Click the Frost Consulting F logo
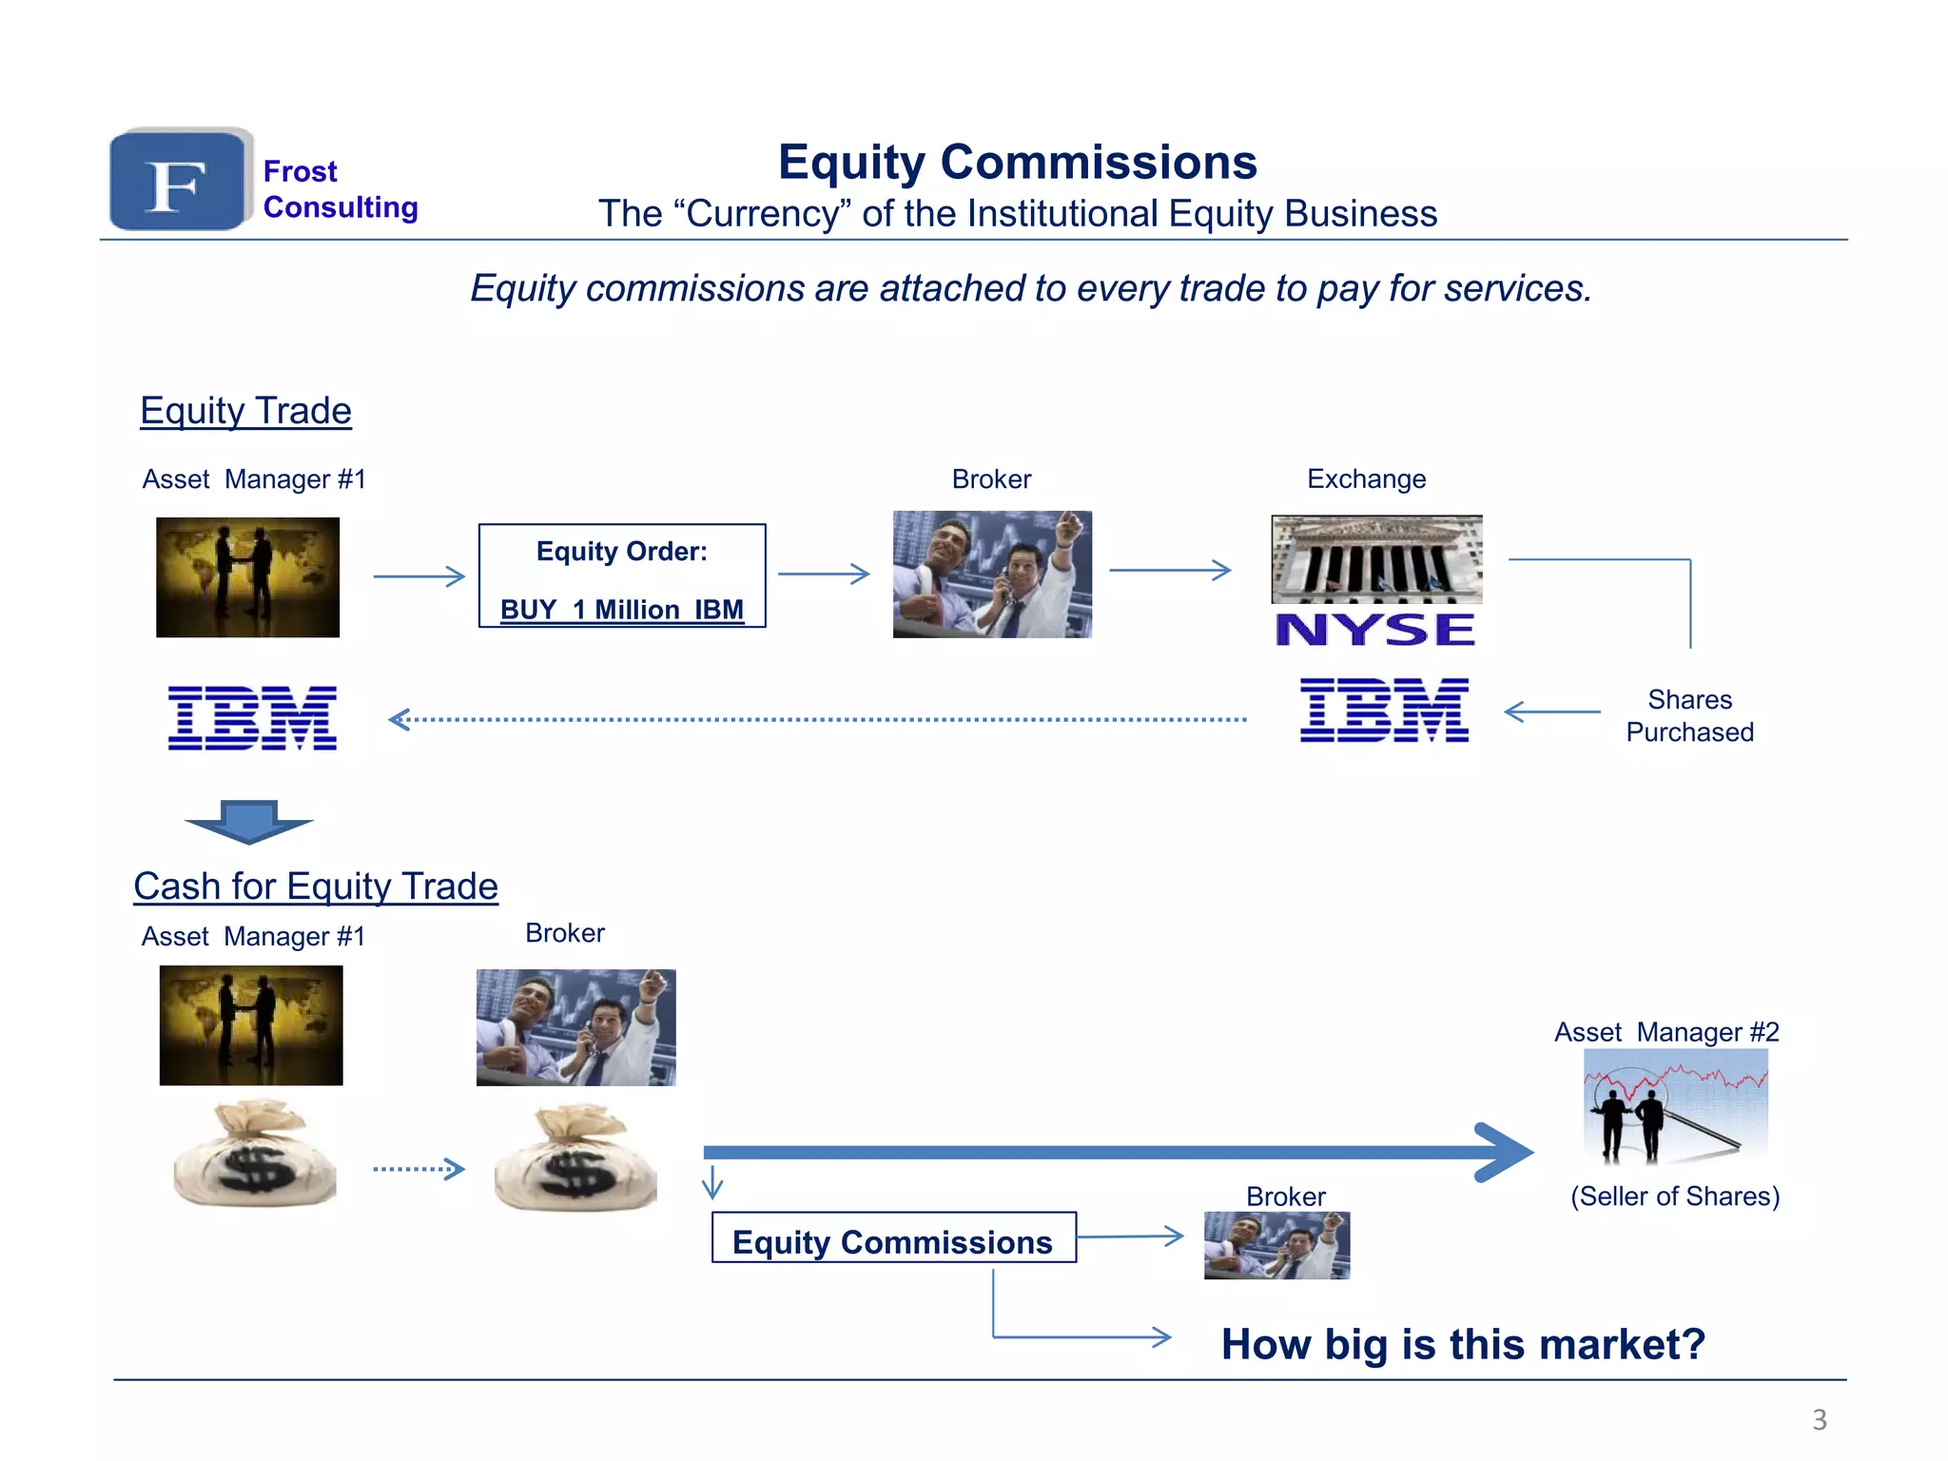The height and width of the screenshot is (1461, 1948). tap(179, 181)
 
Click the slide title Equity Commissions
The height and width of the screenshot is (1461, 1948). tap(1017, 162)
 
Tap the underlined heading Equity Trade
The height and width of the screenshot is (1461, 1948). tap(245, 411)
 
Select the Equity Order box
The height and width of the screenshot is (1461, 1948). tap(622, 575)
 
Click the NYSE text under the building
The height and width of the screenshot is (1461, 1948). tap(1375, 630)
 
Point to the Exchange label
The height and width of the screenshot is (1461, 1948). tap(1366, 478)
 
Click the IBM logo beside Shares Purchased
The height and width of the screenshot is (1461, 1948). tap(1384, 711)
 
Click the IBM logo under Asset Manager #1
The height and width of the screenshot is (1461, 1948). tap(252, 717)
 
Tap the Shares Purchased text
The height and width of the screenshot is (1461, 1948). tap(1689, 715)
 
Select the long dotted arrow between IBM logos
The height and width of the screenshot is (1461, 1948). tap(818, 720)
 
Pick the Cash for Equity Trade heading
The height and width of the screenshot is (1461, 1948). tap(316, 886)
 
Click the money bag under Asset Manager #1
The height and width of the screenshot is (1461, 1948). tap(255, 1155)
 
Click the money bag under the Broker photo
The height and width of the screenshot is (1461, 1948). tap(575, 1158)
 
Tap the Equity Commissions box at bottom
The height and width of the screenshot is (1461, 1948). tap(893, 1237)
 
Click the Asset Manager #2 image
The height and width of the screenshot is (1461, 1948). tap(1675, 1106)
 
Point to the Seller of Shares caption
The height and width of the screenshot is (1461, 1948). tap(1674, 1196)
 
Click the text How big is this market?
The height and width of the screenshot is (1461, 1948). tap(1463, 1344)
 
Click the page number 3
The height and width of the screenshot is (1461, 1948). tap(1819, 1419)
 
